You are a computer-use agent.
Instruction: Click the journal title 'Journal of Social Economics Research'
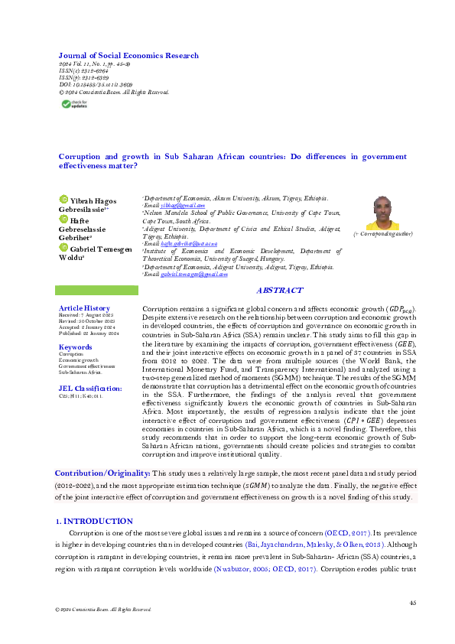[128, 56]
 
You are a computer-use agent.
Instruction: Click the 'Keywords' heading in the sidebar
[75, 346]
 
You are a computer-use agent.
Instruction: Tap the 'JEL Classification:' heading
[90, 388]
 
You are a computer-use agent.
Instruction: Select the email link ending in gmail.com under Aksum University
[183, 206]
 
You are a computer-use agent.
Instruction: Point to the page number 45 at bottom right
[412, 603]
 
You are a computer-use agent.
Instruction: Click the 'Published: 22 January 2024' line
[88, 333]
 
